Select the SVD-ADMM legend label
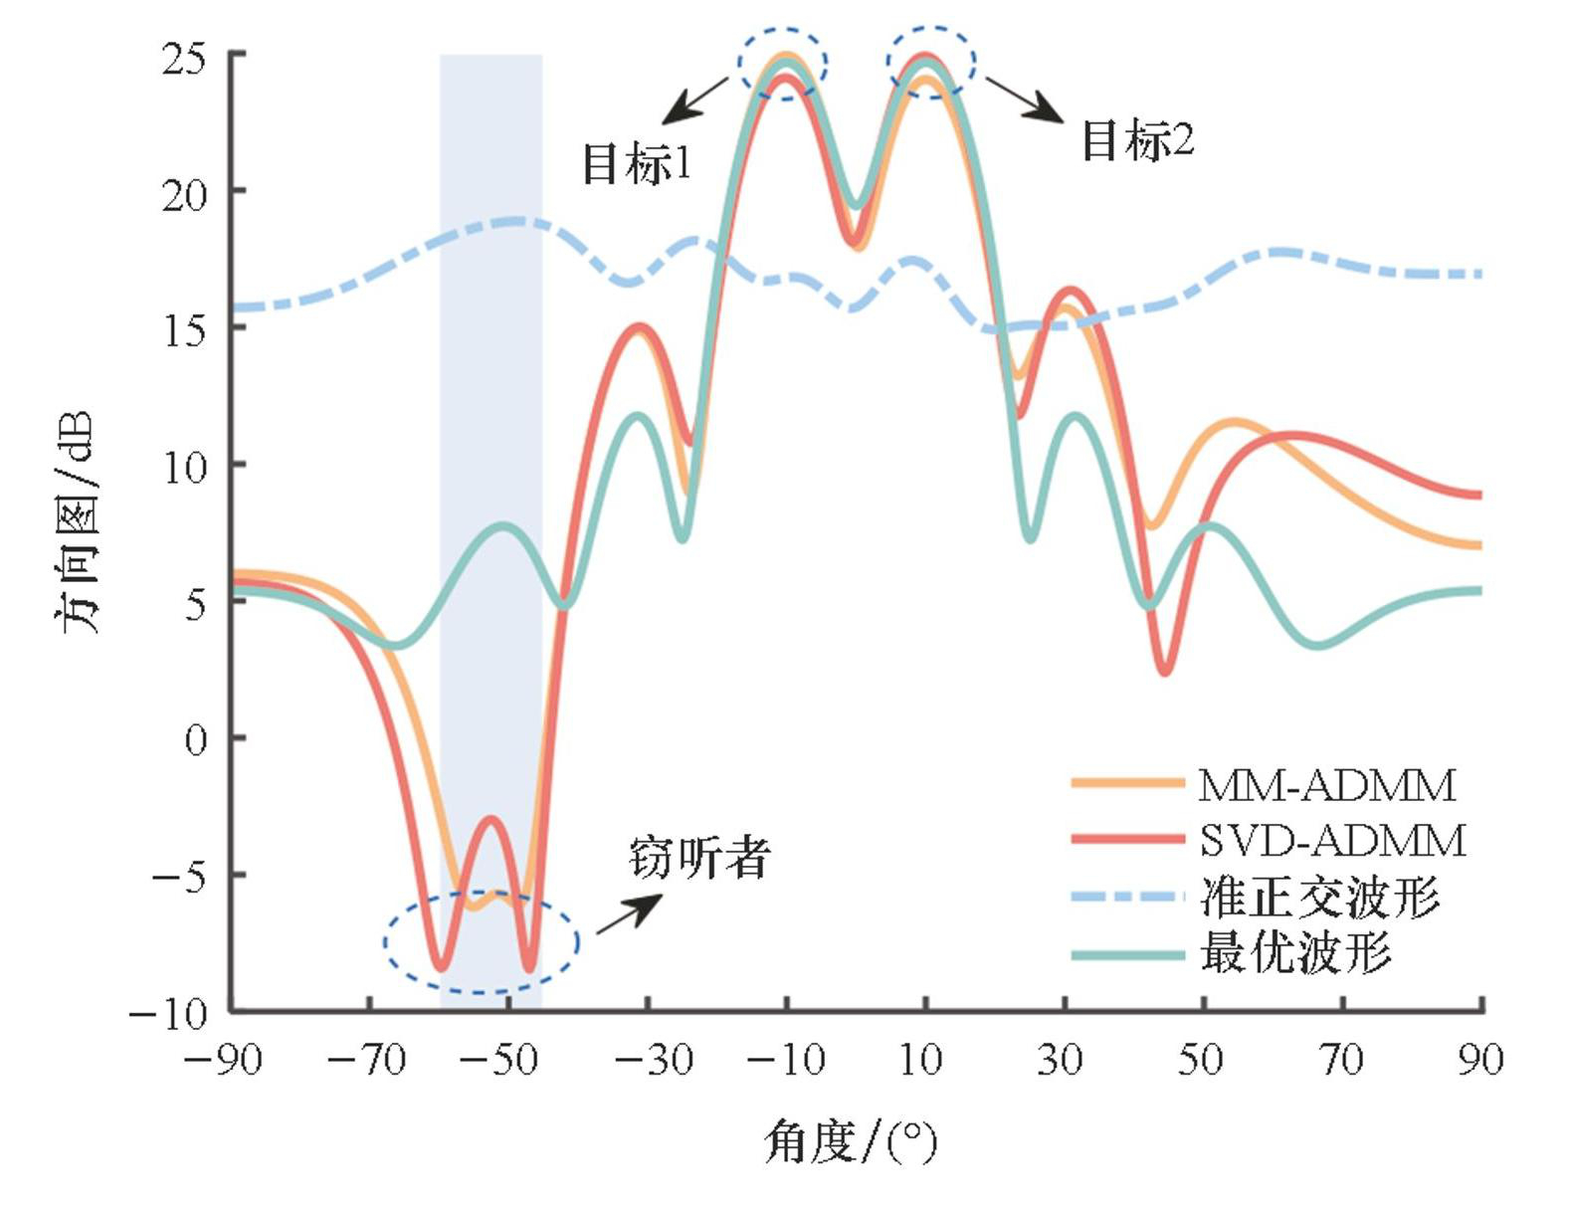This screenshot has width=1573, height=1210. coord(1332,841)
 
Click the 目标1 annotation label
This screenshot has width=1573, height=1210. coord(636,163)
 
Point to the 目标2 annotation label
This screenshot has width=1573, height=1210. coord(1137,140)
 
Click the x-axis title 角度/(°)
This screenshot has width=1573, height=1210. coord(851,1141)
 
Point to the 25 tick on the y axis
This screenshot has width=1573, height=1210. coord(185,58)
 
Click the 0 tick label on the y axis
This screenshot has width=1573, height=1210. coord(197,739)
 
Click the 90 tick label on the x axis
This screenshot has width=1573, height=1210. coord(1480,1060)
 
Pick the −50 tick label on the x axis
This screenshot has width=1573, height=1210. coord(498,1060)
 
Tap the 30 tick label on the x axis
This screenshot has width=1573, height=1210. coord(1061,1060)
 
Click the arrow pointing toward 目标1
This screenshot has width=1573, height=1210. coord(695,101)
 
